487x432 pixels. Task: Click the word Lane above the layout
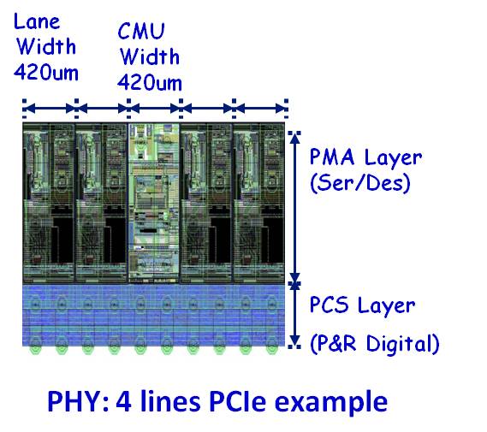click(37, 21)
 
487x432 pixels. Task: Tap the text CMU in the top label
click(141, 31)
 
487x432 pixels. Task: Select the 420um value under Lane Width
click(46, 73)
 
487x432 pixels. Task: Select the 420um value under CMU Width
click(150, 82)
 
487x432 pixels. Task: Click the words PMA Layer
click(365, 157)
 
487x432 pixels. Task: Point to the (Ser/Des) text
click(360, 183)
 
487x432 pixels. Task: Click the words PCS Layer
click(362, 305)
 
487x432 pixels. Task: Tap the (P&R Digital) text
click(375, 344)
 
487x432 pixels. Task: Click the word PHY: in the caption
click(78, 401)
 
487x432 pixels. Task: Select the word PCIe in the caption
click(237, 400)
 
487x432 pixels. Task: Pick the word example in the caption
click(331, 403)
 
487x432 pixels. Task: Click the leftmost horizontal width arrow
click(50, 109)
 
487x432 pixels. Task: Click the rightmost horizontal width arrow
click(261, 109)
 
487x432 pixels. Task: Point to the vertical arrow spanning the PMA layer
click(294, 207)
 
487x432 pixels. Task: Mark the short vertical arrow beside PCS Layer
click(294, 314)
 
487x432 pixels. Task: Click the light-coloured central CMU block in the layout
click(154, 203)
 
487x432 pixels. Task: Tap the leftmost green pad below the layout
click(35, 348)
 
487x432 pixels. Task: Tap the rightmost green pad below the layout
click(272, 348)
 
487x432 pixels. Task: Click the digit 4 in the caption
click(123, 401)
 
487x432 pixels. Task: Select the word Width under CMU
click(150, 56)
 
